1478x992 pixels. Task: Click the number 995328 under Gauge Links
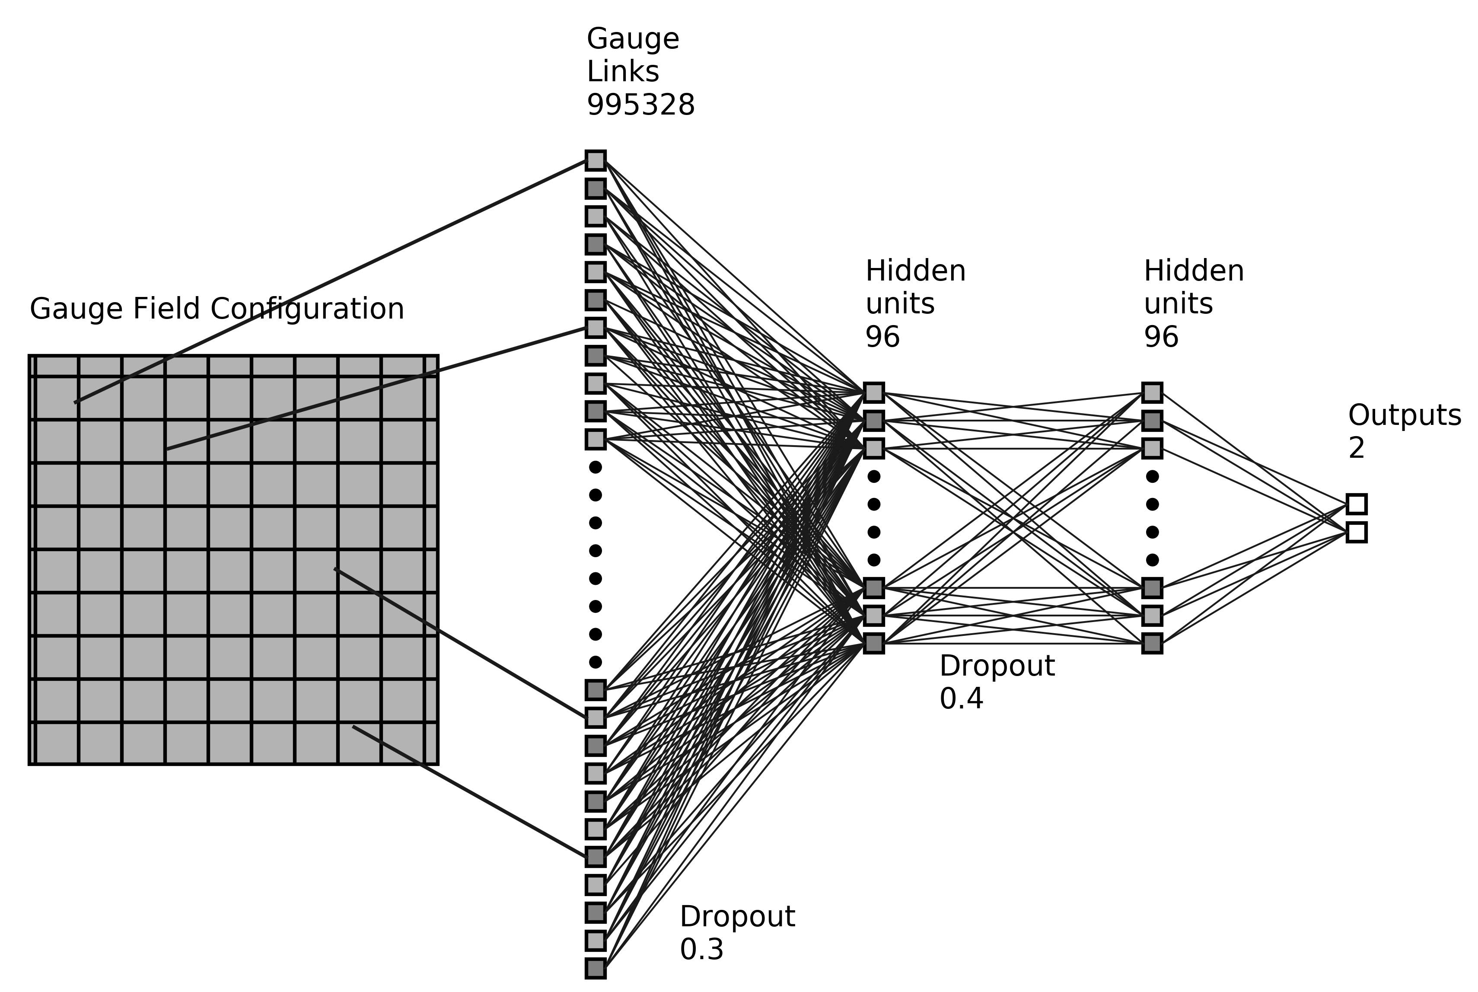click(x=640, y=105)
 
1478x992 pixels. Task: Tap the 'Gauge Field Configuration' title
click(x=217, y=309)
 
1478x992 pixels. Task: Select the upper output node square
click(x=1357, y=504)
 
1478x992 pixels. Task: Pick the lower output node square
click(x=1357, y=532)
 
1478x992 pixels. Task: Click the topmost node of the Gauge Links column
click(x=595, y=160)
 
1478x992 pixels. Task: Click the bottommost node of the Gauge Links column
click(x=595, y=968)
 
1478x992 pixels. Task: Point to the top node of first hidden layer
click(x=873, y=392)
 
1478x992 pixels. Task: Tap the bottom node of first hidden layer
click(x=873, y=644)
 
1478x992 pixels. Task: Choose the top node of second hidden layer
click(x=1152, y=392)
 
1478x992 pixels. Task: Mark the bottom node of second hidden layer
click(x=1152, y=644)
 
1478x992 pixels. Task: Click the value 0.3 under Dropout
click(x=701, y=950)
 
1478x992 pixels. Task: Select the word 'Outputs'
click(x=1404, y=416)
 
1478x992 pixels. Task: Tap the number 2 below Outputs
click(x=1356, y=449)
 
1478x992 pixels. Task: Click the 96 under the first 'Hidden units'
click(x=882, y=337)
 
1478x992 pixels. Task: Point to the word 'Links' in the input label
click(x=622, y=72)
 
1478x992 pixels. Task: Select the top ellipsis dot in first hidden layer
click(x=873, y=476)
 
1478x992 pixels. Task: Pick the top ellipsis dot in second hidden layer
click(x=1152, y=476)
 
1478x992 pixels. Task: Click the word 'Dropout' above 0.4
click(x=997, y=666)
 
